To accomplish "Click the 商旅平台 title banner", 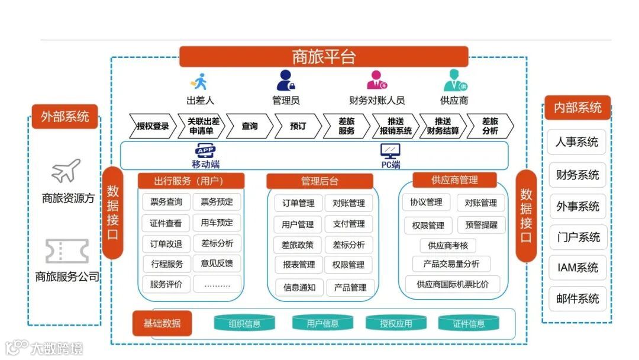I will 323,57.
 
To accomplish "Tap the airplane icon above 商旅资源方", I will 66,171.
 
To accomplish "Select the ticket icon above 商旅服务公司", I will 67,251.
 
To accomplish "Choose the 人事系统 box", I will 577,142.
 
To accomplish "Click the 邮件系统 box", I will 577,298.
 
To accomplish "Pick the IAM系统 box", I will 577,268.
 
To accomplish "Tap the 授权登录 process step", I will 153,126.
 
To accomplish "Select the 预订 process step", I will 298,126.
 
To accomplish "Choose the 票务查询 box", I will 166,202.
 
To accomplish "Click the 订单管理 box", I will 298,203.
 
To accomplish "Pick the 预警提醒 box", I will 481,225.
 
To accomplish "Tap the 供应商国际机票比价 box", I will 453,284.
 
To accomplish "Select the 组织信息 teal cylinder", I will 244,323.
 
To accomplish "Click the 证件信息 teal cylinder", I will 469,323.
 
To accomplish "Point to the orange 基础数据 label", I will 162,323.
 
